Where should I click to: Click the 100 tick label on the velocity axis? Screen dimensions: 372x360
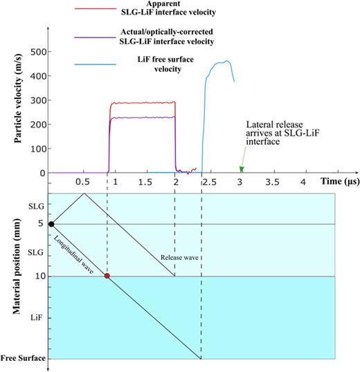coord(34,149)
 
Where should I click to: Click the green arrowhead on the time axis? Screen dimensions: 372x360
coord(242,168)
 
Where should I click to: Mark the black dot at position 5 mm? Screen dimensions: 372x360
coord(52,224)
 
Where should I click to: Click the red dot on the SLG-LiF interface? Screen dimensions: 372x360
coord(107,276)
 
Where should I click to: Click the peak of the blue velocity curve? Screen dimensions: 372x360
coord(224,61)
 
